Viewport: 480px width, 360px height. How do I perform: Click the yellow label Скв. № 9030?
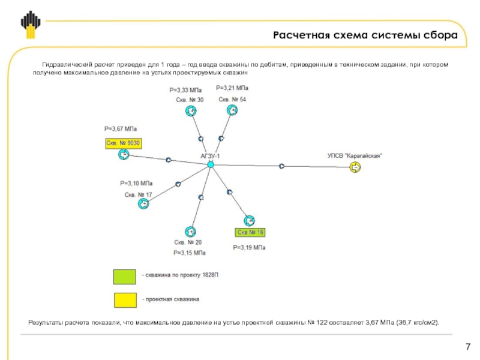[x=124, y=143]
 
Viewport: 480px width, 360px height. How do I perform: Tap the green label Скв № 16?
[x=250, y=232]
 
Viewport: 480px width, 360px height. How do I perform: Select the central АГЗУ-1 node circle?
[x=211, y=164]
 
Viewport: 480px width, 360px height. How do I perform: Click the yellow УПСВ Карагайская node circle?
[x=355, y=167]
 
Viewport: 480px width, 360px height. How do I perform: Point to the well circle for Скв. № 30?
[x=191, y=111]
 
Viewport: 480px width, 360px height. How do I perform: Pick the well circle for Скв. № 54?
[x=232, y=110]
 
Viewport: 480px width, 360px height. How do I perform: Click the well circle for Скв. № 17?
[x=143, y=203]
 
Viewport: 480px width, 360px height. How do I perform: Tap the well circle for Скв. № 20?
[x=190, y=232]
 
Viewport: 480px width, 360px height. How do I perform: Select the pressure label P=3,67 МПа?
[x=121, y=129]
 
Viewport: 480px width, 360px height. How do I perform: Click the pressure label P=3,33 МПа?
[x=185, y=91]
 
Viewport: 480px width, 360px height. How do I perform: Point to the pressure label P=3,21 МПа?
[x=232, y=88]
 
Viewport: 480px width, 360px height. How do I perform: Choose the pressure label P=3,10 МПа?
[x=136, y=184]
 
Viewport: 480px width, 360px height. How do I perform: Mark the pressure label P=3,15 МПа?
[x=190, y=253]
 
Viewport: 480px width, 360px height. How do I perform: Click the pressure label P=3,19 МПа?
[x=249, y=248]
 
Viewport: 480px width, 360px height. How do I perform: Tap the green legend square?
[x=125, y=277]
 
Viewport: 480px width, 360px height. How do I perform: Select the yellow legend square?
[x=125, y=300]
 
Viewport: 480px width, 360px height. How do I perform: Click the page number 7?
[x=468, y=347]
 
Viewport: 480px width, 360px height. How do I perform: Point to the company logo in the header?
[x=31, y=25]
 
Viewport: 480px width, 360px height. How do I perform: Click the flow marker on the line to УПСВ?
[x=281, y=166]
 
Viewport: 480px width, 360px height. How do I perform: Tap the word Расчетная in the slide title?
[x=302, y=35]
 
